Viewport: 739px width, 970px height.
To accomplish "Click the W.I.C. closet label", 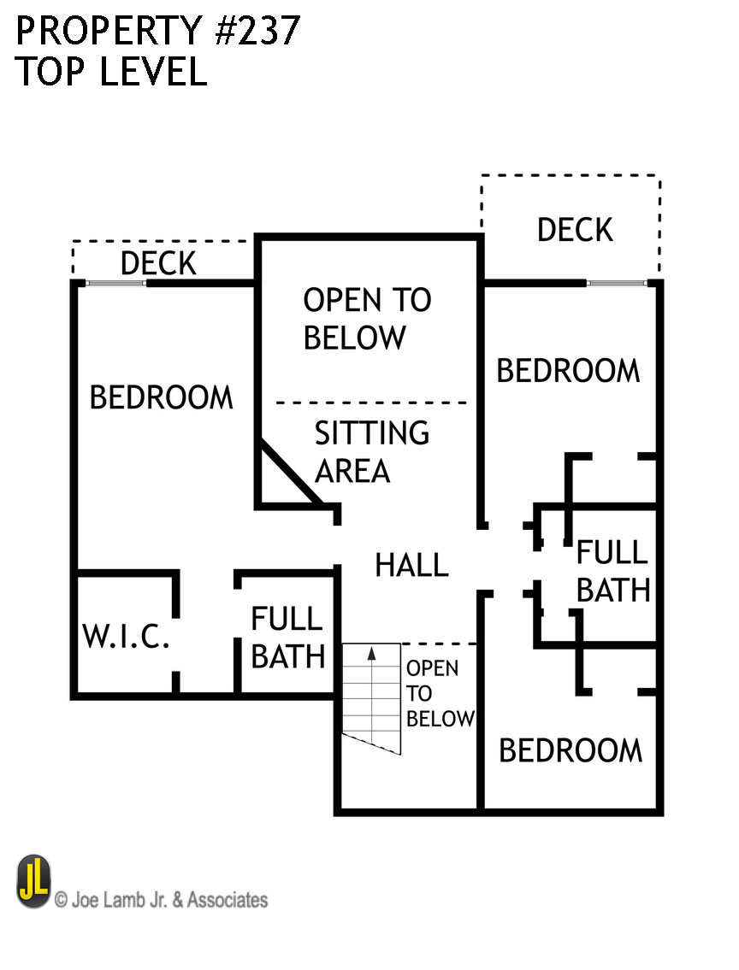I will click(126, 637).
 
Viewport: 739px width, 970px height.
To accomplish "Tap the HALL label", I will click(411, 565).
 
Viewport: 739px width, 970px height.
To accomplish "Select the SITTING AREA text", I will click(370, 451).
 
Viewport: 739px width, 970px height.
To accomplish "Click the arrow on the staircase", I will click(372, 655).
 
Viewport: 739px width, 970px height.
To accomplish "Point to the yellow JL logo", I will click(33, 882).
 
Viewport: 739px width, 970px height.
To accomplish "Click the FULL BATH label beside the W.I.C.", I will click(287, 638).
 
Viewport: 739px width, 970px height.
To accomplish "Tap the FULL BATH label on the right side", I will click(612, 571).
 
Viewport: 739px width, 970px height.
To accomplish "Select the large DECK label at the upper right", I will click(575, 229).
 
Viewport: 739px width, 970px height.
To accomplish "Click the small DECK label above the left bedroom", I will click(158, 263).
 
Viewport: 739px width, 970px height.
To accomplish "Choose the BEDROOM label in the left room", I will click(161, 397).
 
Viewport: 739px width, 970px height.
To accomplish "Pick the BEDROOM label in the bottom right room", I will click(571, 750).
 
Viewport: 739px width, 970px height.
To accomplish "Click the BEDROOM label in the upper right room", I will click(568, 371).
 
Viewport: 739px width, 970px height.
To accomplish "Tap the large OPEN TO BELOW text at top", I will click(367, 318).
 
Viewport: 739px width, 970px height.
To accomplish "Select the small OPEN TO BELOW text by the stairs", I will click(440, 693).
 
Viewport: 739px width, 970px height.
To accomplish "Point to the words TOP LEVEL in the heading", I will click(111, 73).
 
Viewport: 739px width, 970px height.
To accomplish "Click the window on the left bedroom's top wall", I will click(115, 283).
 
